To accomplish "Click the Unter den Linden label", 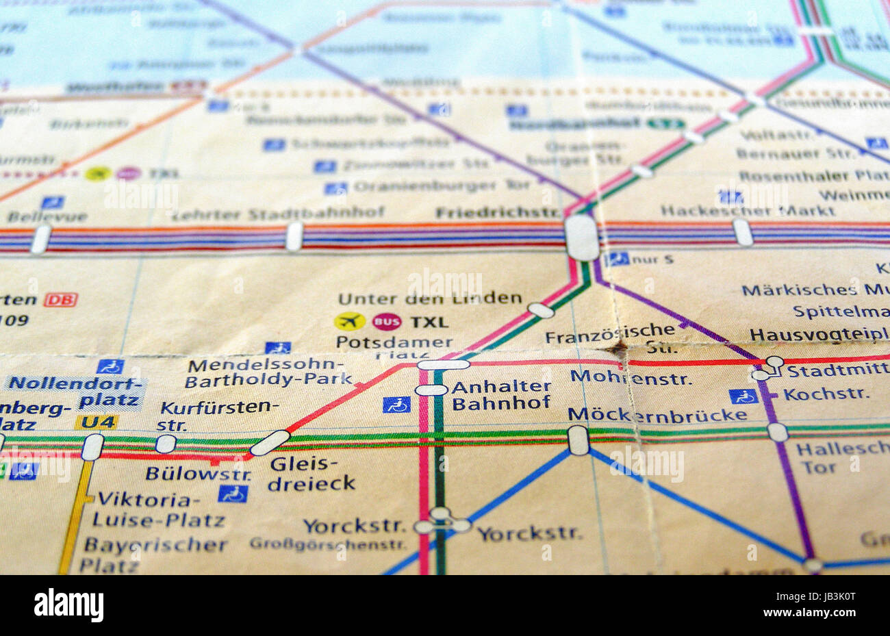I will pos(429,298).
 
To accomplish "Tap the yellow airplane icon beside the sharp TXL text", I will pos(350,321).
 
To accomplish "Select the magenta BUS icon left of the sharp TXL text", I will pos(387,322).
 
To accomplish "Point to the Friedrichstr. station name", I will pos(498,213).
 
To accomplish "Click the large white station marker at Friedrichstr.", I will pos(582,238).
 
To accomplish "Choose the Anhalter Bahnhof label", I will pos(501,395).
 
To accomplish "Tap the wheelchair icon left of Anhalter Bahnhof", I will pos(396,405).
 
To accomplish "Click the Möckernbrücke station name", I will pos(657,415).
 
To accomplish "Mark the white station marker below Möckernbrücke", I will pos(578,440).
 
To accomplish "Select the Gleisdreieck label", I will pos(311,474).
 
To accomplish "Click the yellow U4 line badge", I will pos(97,422).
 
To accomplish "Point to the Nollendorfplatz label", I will pos(75,392).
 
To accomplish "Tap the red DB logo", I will pos(61,300).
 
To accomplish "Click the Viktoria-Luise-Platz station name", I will pos(158,510).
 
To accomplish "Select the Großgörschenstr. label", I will pos(327,544).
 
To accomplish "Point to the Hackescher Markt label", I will pos(748,210).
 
